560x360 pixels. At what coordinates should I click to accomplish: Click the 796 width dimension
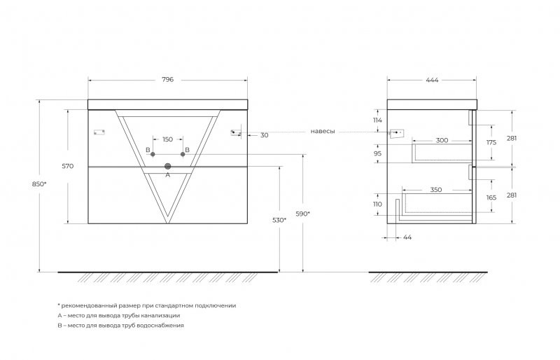[167, 79]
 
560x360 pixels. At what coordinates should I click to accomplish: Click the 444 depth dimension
[432, 80]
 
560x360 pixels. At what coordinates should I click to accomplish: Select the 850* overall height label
[40, 184]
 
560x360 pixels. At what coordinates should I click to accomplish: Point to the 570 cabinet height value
[67, 166]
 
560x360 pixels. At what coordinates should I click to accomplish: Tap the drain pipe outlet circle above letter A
[168, 166]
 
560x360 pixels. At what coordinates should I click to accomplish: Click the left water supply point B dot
[153, 154]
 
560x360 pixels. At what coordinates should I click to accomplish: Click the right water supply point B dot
[183, 154]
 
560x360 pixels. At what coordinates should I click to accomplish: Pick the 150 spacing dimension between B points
[167, 139]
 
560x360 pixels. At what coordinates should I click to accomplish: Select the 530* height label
[279, 220]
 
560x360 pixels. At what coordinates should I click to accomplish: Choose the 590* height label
[303, 214]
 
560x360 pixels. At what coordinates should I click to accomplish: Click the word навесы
[323, 131]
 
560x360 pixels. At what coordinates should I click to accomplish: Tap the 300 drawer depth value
[442, 140]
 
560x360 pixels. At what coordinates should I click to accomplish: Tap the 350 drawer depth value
[435, 190]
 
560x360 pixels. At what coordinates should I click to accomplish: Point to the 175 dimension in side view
[491, 142]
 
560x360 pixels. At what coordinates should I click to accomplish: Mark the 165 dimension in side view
[491, 198]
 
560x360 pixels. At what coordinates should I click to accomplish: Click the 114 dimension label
[377, 120]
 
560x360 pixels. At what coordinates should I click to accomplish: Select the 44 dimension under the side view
[407, 237]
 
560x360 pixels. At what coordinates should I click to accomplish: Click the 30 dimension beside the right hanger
[265, 135]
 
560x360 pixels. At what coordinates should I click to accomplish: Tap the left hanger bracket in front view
[99, 132]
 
